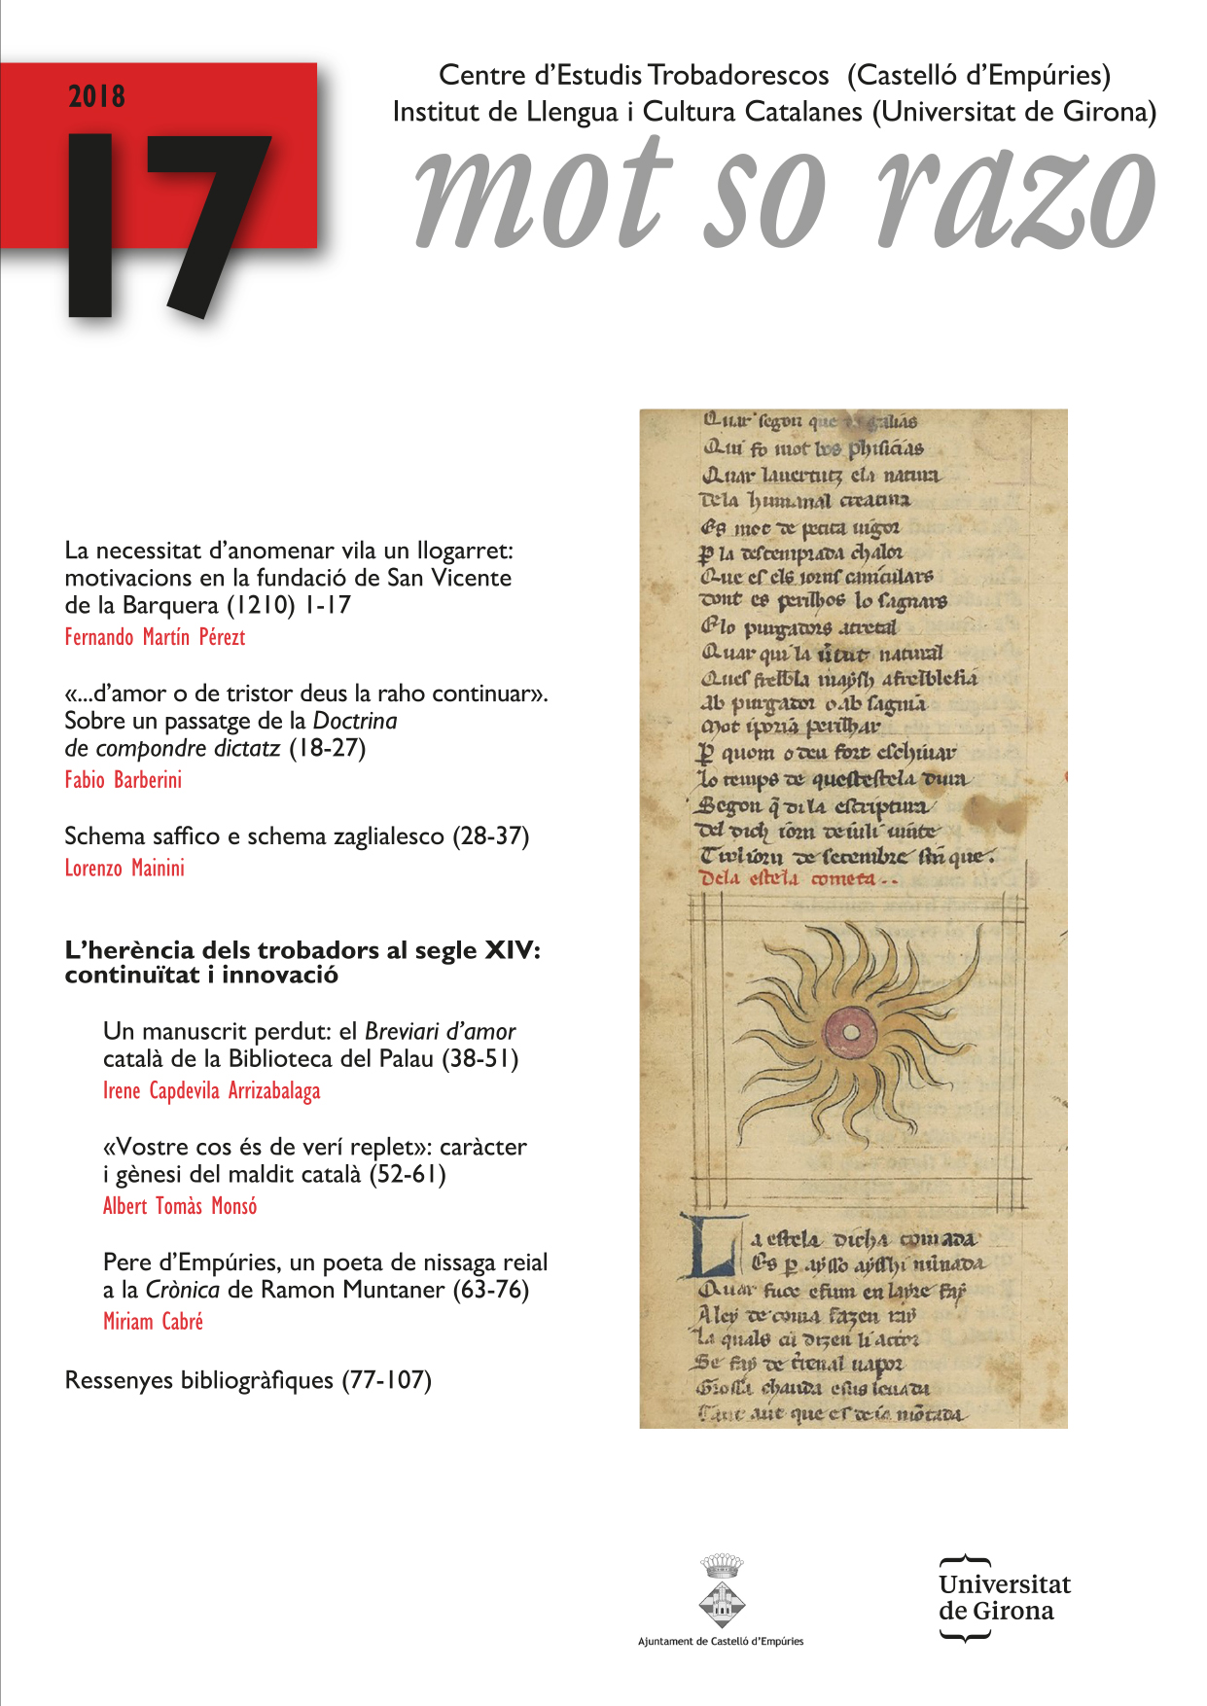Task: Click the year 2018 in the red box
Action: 96,96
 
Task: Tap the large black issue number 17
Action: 165,224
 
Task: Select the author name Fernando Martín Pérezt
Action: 155,637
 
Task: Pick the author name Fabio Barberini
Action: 123,779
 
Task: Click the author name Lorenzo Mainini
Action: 124,868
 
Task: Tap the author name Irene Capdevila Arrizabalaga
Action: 211,1090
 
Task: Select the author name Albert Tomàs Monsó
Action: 180,1206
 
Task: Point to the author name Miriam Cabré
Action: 153,1321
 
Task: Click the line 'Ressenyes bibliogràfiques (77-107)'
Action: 248,1379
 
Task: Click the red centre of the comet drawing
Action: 849,1031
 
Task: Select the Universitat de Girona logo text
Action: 1004,1597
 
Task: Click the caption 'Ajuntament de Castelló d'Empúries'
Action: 721,1641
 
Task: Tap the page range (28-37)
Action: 490,836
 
